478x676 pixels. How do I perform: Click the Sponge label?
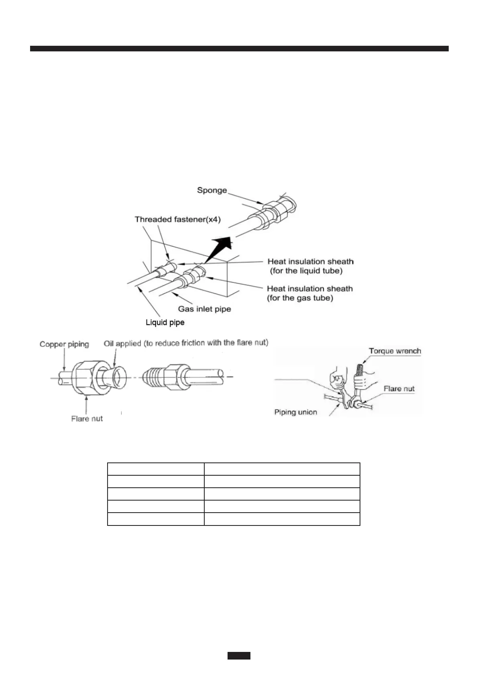click(x=212, y=190)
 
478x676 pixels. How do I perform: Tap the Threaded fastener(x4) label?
click(x=177, y=220)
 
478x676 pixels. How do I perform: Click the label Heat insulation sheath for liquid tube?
click(x=310, y=266)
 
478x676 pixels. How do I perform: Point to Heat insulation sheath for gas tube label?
click(x=309, y=293)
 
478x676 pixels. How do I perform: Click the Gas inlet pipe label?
click(x=204, y=309)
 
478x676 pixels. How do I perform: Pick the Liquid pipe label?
click(x=165, y=322)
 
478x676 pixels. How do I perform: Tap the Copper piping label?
click(x=64, y=344)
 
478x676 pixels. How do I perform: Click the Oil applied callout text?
click(x=186, y=343)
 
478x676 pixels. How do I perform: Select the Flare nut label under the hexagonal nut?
click(x=87, y=419)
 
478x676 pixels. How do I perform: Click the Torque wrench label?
click(x=395, y=351)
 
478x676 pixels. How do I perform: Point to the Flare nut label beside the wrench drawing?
click(x=399, y=389)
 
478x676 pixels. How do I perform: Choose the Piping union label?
click(x=295, y=412)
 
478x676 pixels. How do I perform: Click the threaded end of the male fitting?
click(x=154, y=377)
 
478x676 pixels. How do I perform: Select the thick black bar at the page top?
click(x=239, y=49)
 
